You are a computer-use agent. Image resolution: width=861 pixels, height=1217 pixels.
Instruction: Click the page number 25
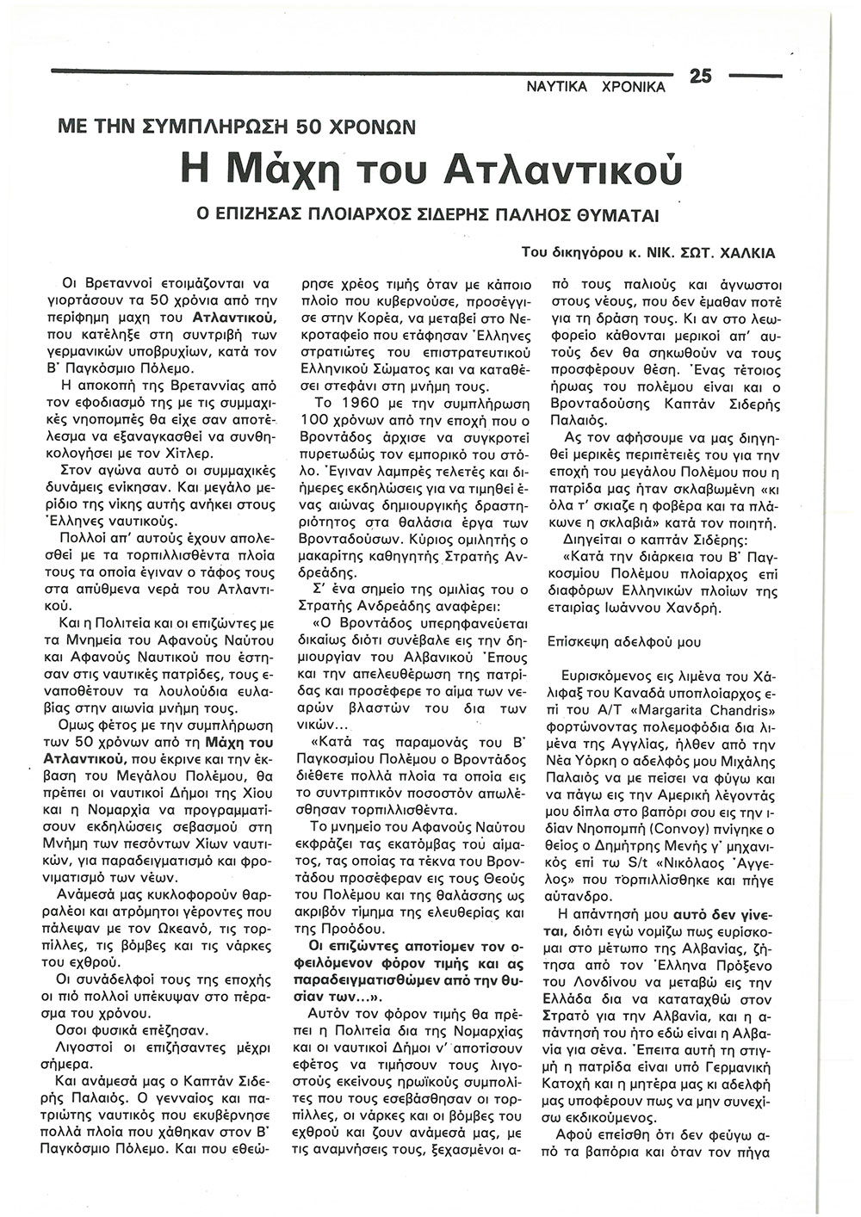[x=700, y=77]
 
